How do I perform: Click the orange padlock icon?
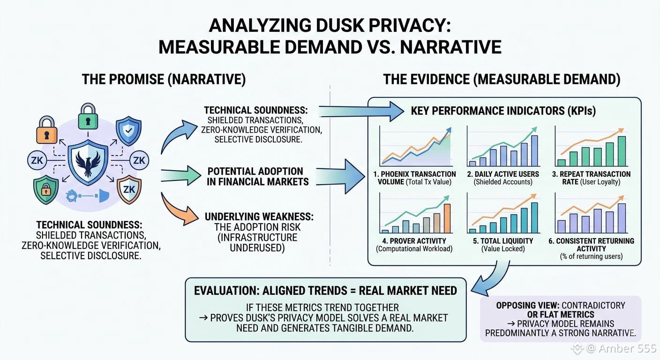click(46, 130)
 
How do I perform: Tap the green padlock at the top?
click(88, 116)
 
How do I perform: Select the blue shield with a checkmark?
click(128, 130)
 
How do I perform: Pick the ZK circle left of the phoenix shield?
click(37, 161)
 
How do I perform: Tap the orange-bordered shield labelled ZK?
click(129, 189)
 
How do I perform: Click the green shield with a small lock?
click(45, 189)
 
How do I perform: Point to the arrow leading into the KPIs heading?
click(361, 112)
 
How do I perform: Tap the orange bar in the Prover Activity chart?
click(447, 218)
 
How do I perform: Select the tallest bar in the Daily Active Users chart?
click(534, 151)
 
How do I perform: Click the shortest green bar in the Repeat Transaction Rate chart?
click(561, 163)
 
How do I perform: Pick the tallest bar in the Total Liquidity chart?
click(534, 217)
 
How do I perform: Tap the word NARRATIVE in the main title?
click(450, 47)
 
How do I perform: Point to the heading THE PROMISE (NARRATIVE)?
click(164, 79)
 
